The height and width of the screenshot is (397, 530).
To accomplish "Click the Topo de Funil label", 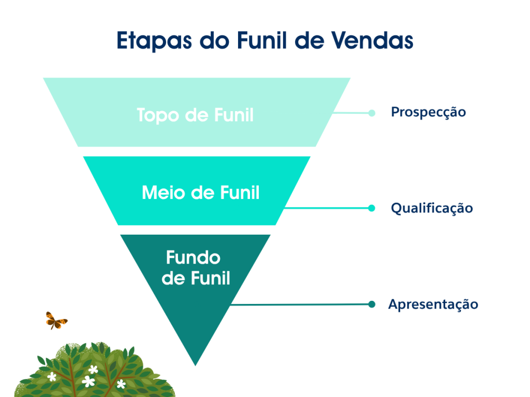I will [195, 115].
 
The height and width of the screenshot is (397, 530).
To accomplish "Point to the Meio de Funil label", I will [200, 193].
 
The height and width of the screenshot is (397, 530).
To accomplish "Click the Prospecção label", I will [428, 112].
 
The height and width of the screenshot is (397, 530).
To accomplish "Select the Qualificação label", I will [432, 208].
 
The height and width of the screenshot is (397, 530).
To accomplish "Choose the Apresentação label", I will [433, 304].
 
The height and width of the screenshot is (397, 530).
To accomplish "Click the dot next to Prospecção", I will [372, 113].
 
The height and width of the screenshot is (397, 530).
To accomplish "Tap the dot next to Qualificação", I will [371, 208].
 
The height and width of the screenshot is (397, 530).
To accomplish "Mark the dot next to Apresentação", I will [371, 304].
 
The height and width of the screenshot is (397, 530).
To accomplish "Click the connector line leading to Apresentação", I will [300, 304].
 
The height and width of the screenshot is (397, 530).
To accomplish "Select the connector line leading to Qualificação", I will [326, 208].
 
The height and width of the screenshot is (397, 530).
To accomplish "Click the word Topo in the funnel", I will [158, 115].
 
